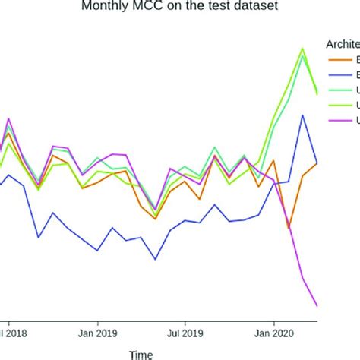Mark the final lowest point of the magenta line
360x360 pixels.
pyautogui.click(x=317, y=306)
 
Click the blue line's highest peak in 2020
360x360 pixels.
pyautogui.click(x=302, y=115)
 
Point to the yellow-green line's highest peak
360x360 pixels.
pyautogui.click(x=302, y=49)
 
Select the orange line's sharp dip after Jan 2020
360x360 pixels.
pyautogui.click(x=289, y=228)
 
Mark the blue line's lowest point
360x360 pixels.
pyautogui.click(x=156, y=259)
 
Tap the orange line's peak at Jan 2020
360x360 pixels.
pyautogui.click(x=273, y=161)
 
